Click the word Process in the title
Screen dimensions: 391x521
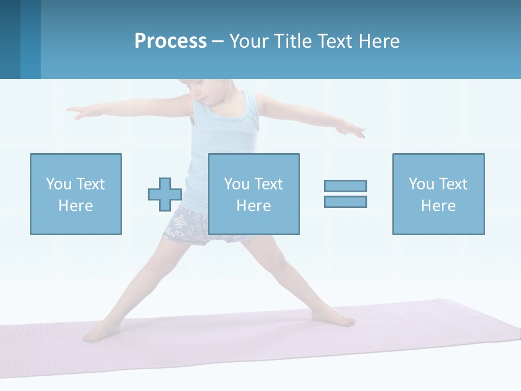point(170,41)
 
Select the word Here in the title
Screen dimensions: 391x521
point(378,41)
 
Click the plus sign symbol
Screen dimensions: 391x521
point(165,194)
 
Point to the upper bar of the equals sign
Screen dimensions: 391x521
point(345,186)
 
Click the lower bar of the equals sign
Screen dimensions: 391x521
point(345,201)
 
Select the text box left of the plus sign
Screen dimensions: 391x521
point(75,194)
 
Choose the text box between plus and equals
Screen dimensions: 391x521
point(253,194)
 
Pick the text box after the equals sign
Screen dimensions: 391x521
point(438,194)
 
